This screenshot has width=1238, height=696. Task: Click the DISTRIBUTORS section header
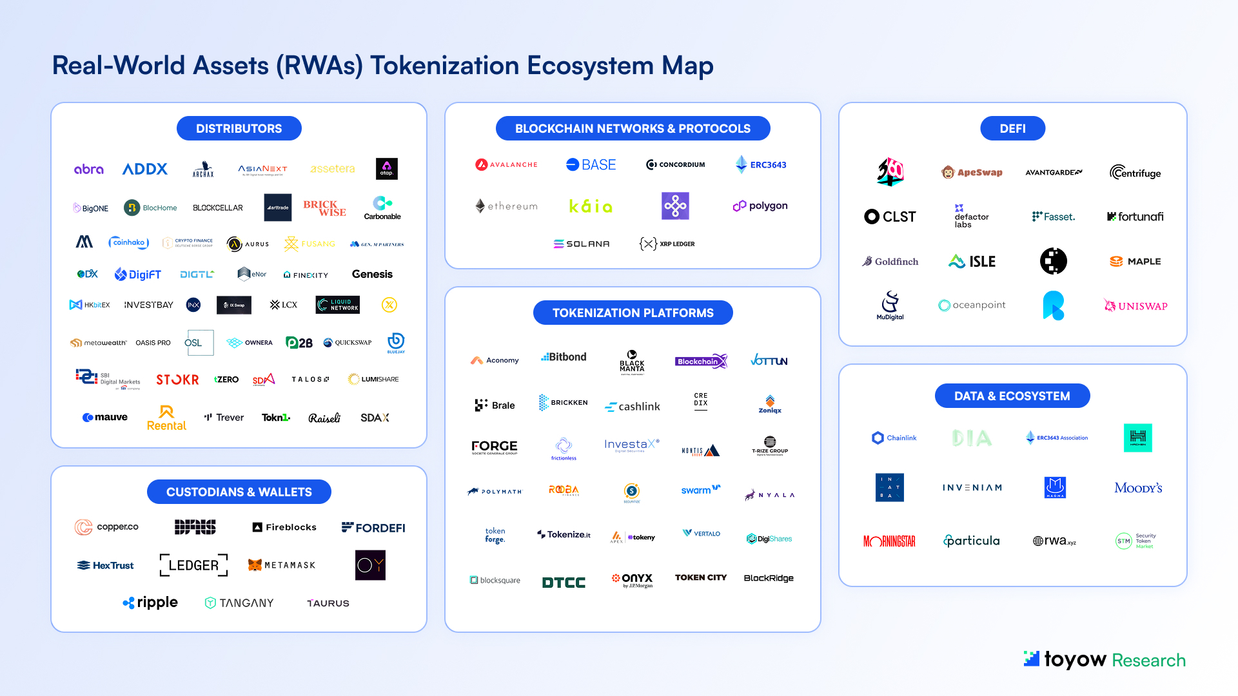click(x=239, y=128)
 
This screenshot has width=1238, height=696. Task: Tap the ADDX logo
click(x=145, y=169)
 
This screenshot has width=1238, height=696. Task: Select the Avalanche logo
click(x=506, y=164)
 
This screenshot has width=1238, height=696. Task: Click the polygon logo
click(x=760, y=206)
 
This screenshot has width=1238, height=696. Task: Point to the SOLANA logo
click(x=582, y=244)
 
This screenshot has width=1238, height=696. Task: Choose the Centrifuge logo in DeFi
click(x=1135, y=172)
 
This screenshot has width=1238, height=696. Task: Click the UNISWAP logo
click(x=1135, y=305)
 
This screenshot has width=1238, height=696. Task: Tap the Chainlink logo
click(x=894, y=438)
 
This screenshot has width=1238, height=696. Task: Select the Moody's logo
click(x=1138, y=488)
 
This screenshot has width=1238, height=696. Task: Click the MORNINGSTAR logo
click(x=889, y=541)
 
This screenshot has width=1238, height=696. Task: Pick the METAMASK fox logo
click(x=255, y=565)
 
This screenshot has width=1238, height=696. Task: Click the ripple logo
click(x=150, y=603)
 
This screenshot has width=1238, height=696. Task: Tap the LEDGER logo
click(x=193, y=565)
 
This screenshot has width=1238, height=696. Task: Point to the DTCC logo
click(x=564, y=583)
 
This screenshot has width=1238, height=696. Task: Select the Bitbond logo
click(x=564, y=356)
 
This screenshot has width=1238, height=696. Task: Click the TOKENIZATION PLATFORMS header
click(x=633, y=313)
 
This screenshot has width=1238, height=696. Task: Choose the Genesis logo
click(x=372, y=274)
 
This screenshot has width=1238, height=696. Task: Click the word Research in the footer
click(x=1148, y=660)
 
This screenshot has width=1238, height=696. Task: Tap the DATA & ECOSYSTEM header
click(x=1012, y=396)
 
